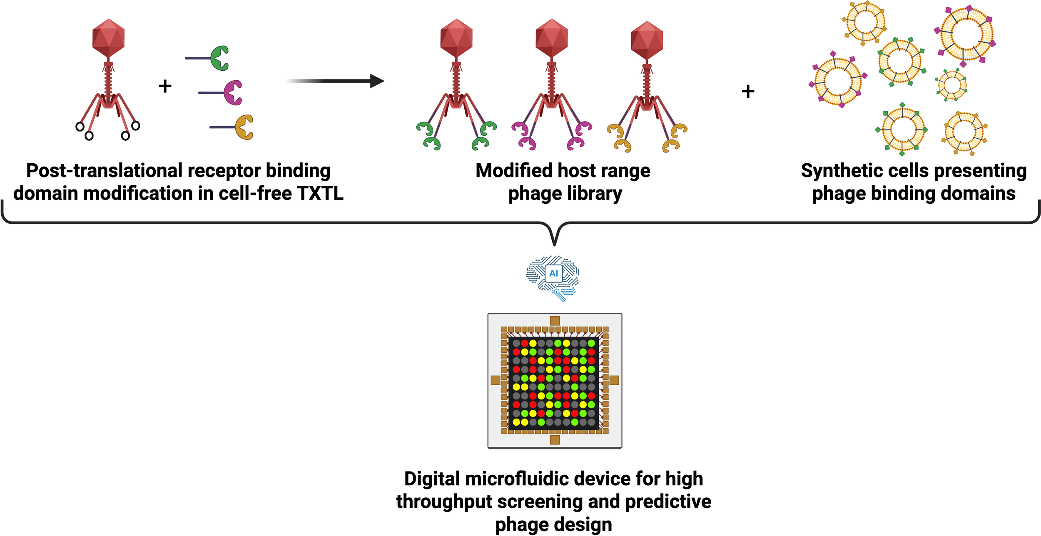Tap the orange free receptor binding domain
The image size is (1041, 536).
coord(244,127)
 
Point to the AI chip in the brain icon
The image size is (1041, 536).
coord(553,273)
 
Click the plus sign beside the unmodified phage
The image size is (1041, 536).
coord(165,86)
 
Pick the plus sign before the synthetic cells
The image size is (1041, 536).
coord(748,91)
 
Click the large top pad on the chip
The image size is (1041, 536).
coord(555,321)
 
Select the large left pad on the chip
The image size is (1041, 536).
coord(496,380)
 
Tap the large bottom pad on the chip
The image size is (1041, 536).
coord(555,439)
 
